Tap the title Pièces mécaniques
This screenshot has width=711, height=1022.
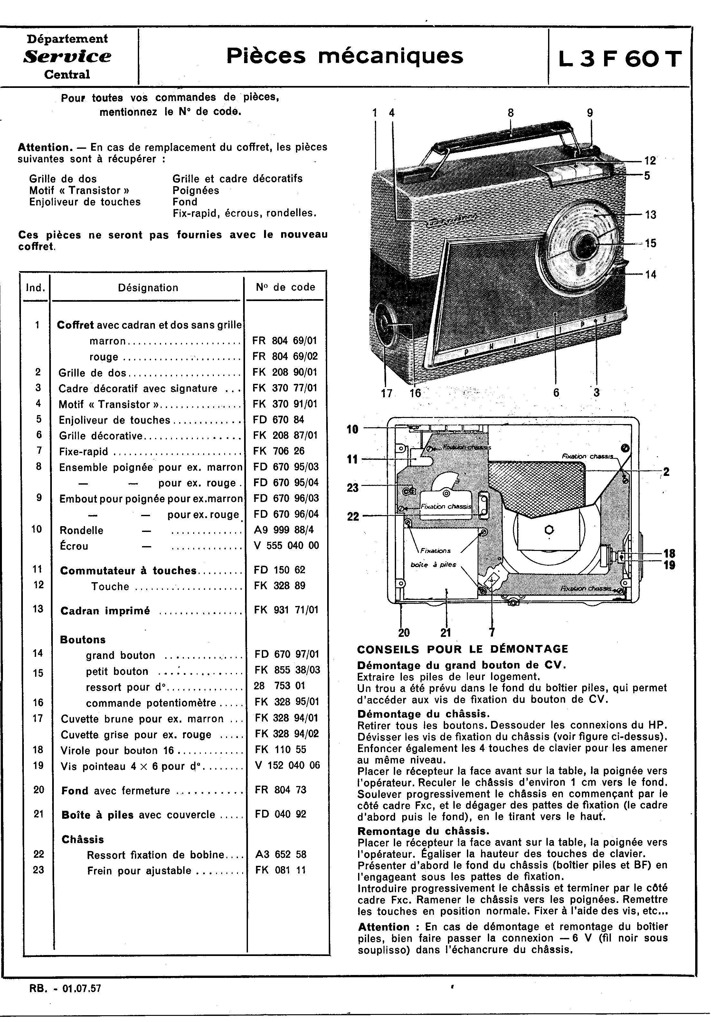coord(345,56)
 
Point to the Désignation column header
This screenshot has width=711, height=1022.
coord(148,288)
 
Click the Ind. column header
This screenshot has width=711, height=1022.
coord(36,288)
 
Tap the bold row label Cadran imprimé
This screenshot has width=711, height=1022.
coord(105,611)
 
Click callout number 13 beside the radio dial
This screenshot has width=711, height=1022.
coord(650,214)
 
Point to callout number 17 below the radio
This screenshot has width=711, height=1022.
coord(386,393)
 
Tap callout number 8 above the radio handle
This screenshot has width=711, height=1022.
coord(511,113)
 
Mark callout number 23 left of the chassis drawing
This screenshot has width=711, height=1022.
coord(353,488)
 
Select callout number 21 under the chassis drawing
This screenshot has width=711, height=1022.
coord(446,632)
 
